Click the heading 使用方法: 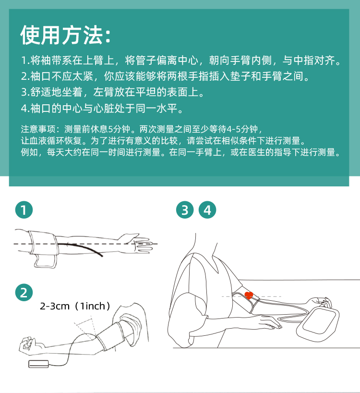point(65,35)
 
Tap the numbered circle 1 point(24,210)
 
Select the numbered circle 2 point(24,292)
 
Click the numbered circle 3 point(185,210)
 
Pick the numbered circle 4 point(207,210)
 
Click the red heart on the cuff point(249,295)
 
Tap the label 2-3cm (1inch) point(75,306)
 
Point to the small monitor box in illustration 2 point(38,364)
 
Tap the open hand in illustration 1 point(139,243)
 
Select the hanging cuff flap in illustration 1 point(45,261)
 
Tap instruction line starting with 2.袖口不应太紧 point(165,76)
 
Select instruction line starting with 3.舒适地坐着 point(113,92)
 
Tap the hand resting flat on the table point(270,322)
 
